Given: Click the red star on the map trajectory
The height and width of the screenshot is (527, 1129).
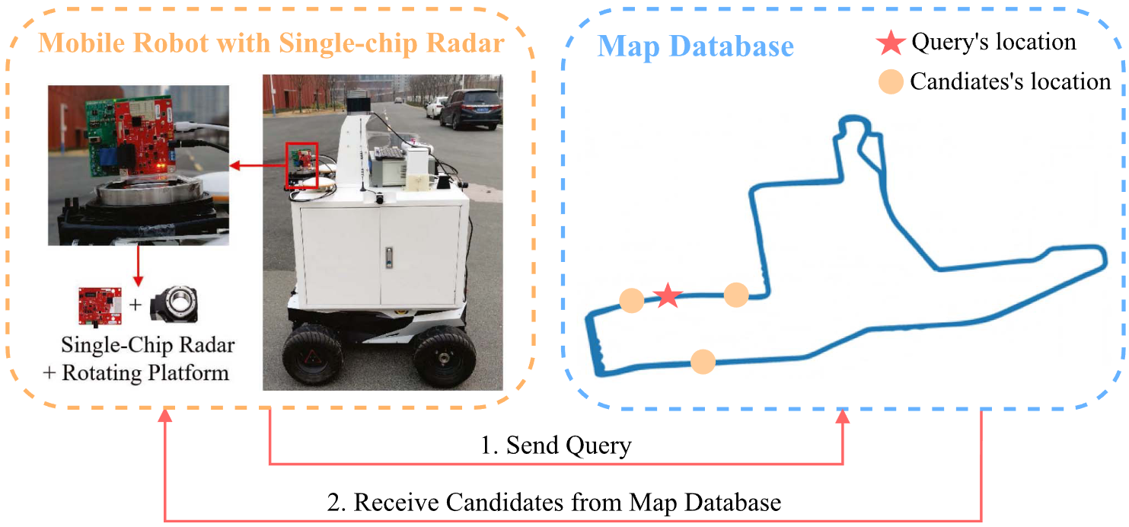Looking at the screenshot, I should pyautogui.click(x=668, y=295).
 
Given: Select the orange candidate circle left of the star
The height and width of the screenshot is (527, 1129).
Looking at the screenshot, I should pyautogui.click(x=631, y=301).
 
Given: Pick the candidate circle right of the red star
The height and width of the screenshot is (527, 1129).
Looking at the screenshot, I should pyautogui.click(x=736, y=294).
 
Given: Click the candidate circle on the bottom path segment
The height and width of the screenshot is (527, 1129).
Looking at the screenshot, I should pyautogui.click(x=702, y=361).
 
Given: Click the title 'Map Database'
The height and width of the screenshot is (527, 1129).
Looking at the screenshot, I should pyautogui.click(x=695, y=46).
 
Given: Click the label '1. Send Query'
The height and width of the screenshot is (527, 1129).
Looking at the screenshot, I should pyautogui.click(x=556, y=445).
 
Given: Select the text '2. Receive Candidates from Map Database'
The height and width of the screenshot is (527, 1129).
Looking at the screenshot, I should pyautogui.click(x=553, y=503).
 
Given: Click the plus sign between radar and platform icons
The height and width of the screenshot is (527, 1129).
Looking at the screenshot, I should pyautogui.click(x=136, y=305).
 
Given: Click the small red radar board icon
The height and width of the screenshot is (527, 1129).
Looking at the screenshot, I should pyautogui.click(x=99, y=305).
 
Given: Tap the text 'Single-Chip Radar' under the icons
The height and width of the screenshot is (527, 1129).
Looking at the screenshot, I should pyautogui.click(x=148, y=345).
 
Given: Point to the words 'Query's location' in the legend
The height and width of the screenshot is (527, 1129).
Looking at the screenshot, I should pyautogui.click(x=993, y=43).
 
